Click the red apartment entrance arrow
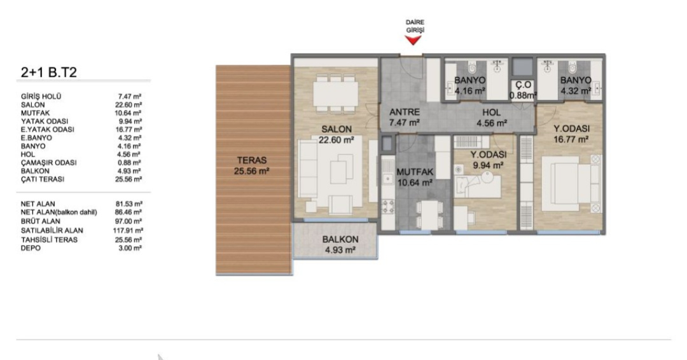click(x=413, y=40)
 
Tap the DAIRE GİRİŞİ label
click(x=415, y=26)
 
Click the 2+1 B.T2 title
click(x=48, y=73)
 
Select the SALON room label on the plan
click(x=337, y=129)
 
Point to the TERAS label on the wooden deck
click(x=252, y=160)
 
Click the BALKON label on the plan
click(x=340, y=240)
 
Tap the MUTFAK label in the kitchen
click(x=415, y=172)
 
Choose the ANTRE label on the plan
click(x=405, y=112)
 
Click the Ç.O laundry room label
click(x=523, y=85)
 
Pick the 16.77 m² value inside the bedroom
click(x=571, y=140)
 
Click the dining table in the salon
click(x=337, y=93)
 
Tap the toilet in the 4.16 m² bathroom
click(x=472, y=68)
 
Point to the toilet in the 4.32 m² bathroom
click(x=572, y=68)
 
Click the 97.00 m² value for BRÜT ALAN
click(x=130, y=221)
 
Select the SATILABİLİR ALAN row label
click(x=52, y=230)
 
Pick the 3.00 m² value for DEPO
click(x=130, y=248)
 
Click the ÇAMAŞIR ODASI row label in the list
click(x=48, y=162)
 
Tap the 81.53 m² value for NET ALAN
click(x=130, y=204)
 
